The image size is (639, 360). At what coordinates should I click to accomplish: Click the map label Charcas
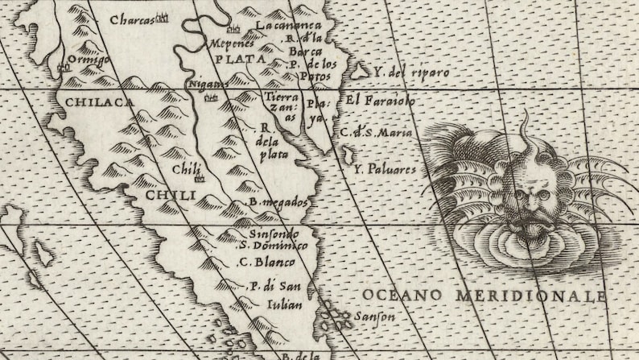coord(131,19)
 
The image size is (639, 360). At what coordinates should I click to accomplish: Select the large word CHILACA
coord(98,101)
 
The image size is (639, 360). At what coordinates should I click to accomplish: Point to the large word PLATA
coord(245,59)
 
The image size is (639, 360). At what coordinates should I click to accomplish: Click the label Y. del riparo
coord(410,72)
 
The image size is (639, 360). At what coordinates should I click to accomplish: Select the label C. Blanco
coord(267,262)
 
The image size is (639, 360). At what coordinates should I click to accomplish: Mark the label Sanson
coord(374,317)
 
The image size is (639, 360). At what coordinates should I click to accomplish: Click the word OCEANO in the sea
coord(402,295)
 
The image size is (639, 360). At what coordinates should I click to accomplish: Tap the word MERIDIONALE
coord(530,296)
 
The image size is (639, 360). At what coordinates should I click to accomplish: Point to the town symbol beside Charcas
coord(163,17)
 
